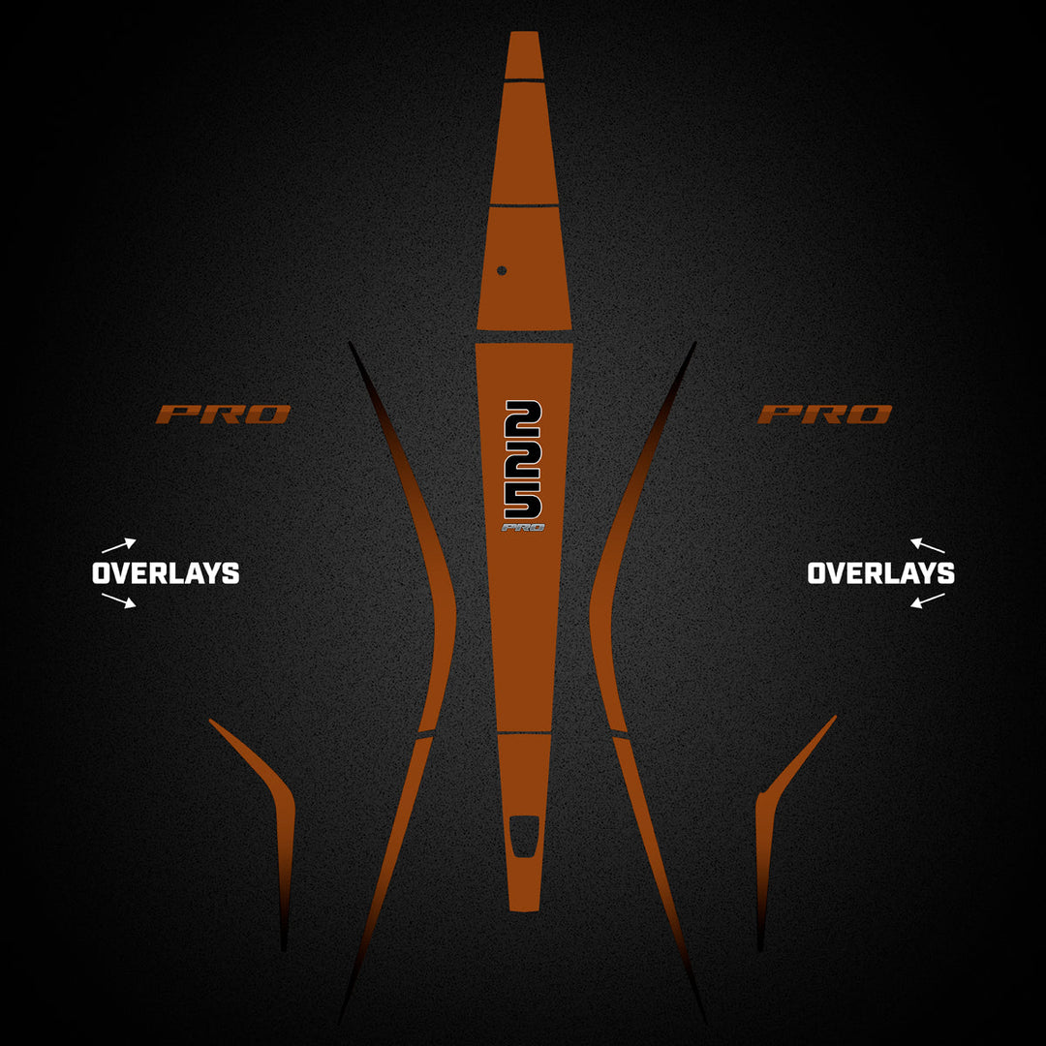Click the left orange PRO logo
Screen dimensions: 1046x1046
(x=224, y=415)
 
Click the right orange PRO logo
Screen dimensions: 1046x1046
(x=824, y=415)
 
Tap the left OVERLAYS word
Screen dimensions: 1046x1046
(x=166, y=573)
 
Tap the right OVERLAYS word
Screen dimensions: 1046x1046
(x=880, y=573)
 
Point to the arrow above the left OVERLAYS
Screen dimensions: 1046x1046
(x=119, y=545)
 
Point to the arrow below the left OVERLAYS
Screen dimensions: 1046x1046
(x=119, y=600)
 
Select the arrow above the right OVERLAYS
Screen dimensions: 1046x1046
(x=928, y=545)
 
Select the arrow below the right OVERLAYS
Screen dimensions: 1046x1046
(x=928, y=600)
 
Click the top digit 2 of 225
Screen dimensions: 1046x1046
(x=523, y=418)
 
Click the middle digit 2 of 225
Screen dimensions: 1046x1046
(x=523, y=459)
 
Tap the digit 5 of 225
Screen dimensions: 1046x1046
(x=523, y=500)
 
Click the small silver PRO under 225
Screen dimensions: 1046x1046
(x=523, y=528)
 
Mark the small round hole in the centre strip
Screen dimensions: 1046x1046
(x=502, y=270)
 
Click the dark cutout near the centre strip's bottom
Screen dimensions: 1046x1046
(x=524, y=836)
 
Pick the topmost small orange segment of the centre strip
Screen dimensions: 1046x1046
(x=524, y=55)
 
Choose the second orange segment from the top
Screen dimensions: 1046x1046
(x=524, y=142)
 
